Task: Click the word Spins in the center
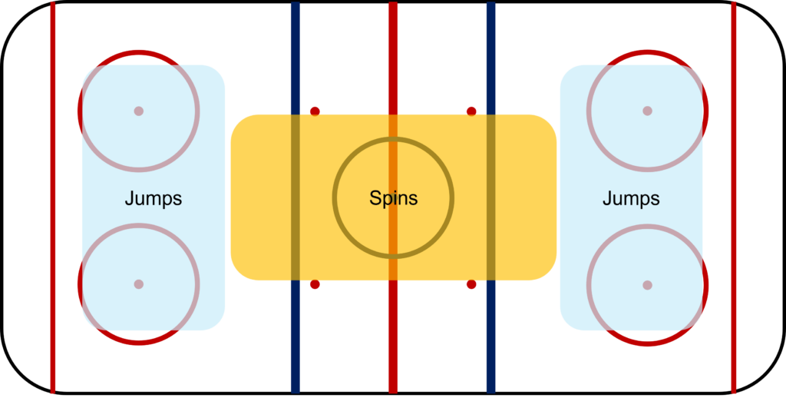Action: (394, 197)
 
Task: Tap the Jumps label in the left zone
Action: (154, 199)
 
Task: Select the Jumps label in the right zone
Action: (631, 199)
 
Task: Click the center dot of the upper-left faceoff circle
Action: (139, 111)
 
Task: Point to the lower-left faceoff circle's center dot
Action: (139, 284)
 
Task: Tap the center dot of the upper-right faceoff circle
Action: (647, 111)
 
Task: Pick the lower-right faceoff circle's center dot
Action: (647, 285)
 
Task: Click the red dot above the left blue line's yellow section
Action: (315, 111)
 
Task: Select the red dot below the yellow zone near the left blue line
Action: (315, 284)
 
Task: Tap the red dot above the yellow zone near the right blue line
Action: (471, 111)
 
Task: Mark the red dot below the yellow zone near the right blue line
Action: (471, 284)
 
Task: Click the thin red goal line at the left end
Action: (53, 197)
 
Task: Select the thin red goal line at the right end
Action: (734, 197)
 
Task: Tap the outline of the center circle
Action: (334, 197)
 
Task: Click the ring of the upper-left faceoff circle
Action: (79, 111)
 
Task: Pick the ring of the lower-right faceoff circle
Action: (707, 285)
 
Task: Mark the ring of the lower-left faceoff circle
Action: (79, 284)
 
